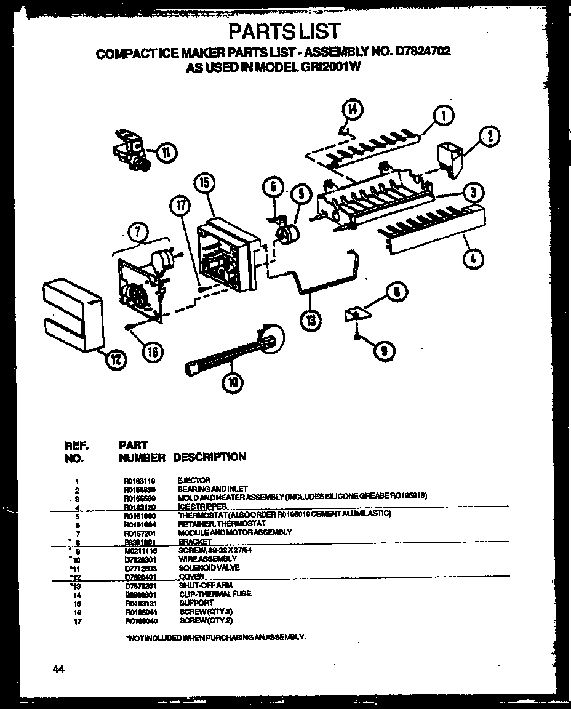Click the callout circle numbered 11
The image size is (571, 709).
[166, 151]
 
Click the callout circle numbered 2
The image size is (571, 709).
[489, 137]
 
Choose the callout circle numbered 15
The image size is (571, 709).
[205, 183]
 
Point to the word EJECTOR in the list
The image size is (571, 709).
[194, 480]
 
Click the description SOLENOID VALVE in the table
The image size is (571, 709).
[209, 568]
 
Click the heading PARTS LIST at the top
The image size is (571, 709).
[284, 31]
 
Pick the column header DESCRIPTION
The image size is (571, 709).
[209, 457]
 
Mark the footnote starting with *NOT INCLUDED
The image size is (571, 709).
[215, 638]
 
